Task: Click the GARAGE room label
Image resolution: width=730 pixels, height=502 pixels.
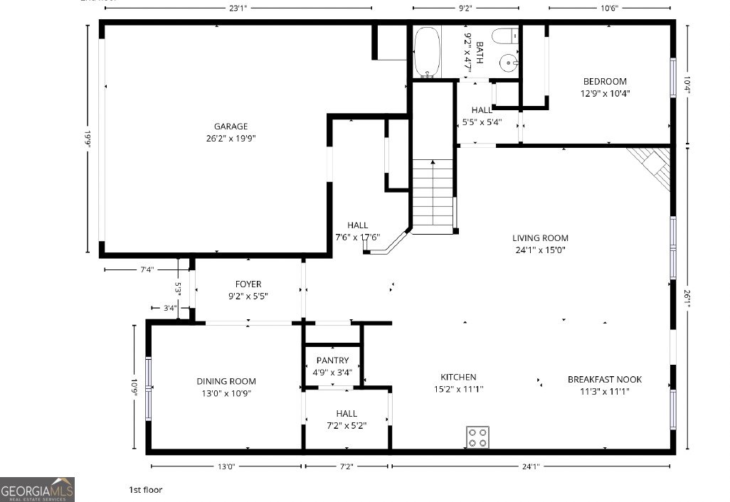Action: (x=231, y=127)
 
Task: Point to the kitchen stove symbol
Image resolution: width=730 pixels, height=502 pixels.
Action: (x=477, y=437)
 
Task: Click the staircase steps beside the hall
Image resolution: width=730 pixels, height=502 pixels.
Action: (x=432, y=192)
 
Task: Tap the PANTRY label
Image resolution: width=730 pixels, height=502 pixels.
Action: (x=332, y=361)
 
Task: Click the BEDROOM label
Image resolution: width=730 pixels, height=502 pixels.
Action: (x=605, y=81)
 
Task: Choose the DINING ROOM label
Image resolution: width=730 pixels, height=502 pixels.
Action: (x=226, y=381)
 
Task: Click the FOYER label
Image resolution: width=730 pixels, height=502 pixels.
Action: (x=248, y=284)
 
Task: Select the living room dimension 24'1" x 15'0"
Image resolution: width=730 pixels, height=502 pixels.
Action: (x=541, y=250)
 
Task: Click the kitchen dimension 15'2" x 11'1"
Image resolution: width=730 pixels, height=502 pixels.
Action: (x=458, y=389)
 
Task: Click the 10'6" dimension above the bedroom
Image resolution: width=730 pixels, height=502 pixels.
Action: (x=608, y=9)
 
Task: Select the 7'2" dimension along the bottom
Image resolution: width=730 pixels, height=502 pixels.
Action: (x=346, y=467)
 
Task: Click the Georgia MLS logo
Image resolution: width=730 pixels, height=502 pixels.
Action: (x=37, y=489)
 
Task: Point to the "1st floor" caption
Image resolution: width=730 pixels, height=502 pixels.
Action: (x=145, y=489)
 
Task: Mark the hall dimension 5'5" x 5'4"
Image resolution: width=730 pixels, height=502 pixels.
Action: (x=482, y=122)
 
